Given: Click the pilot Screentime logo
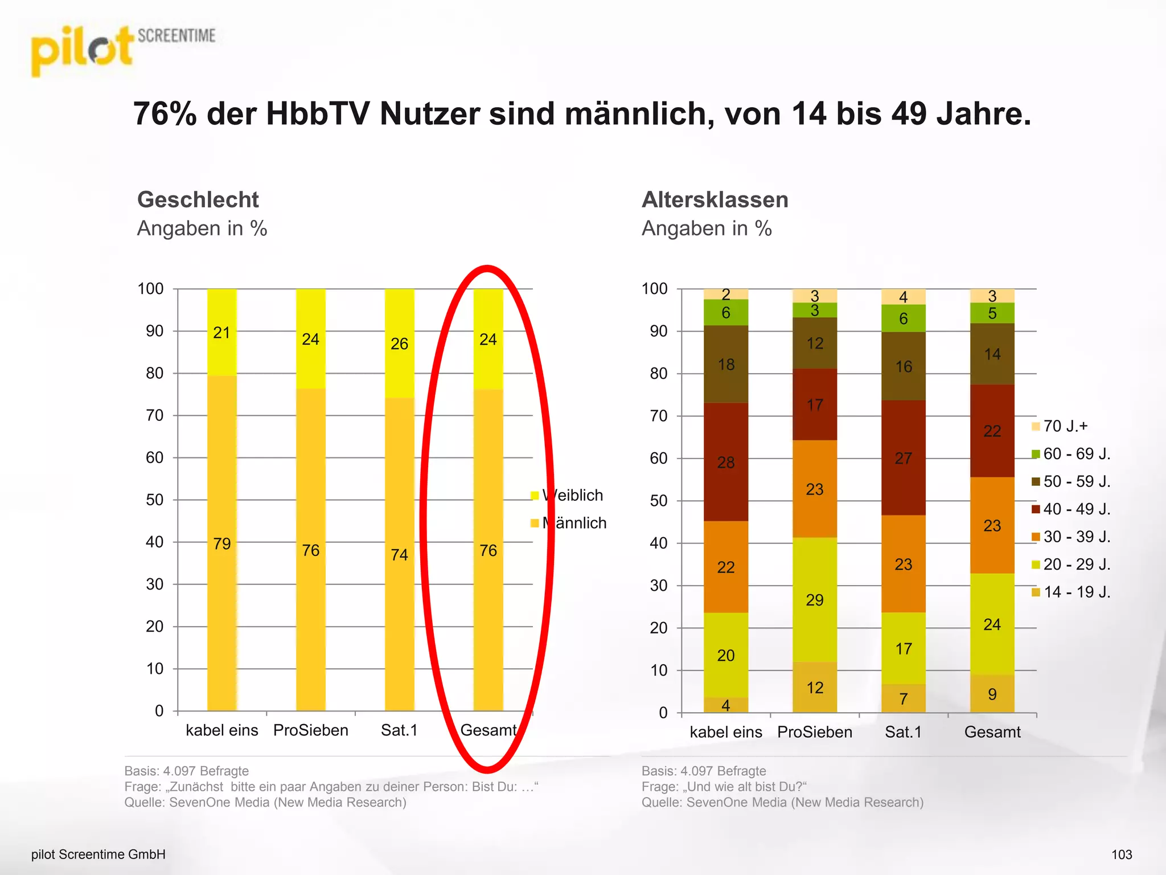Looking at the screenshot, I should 122,50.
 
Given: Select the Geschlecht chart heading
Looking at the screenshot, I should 198,200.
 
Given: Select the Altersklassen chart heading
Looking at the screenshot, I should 715,200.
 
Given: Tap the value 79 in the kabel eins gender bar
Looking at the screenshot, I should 221,543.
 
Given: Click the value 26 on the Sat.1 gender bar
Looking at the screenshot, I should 399,344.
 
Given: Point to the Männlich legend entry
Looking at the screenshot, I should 573,523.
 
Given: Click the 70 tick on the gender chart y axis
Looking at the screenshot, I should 154,415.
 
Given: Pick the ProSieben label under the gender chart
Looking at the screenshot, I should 310,730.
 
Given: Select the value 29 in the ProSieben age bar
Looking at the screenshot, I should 815,600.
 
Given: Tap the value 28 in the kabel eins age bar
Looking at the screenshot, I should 726,462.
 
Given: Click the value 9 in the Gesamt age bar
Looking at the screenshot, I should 992,694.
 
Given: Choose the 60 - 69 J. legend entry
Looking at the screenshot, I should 1075,454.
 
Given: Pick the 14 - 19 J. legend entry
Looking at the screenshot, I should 1075,592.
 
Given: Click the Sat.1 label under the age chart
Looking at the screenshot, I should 903,732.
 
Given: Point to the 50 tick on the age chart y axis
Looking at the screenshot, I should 659,501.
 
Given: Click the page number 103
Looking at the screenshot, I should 1122,854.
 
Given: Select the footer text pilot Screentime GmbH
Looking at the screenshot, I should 98,854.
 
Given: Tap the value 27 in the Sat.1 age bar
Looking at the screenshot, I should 904,458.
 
